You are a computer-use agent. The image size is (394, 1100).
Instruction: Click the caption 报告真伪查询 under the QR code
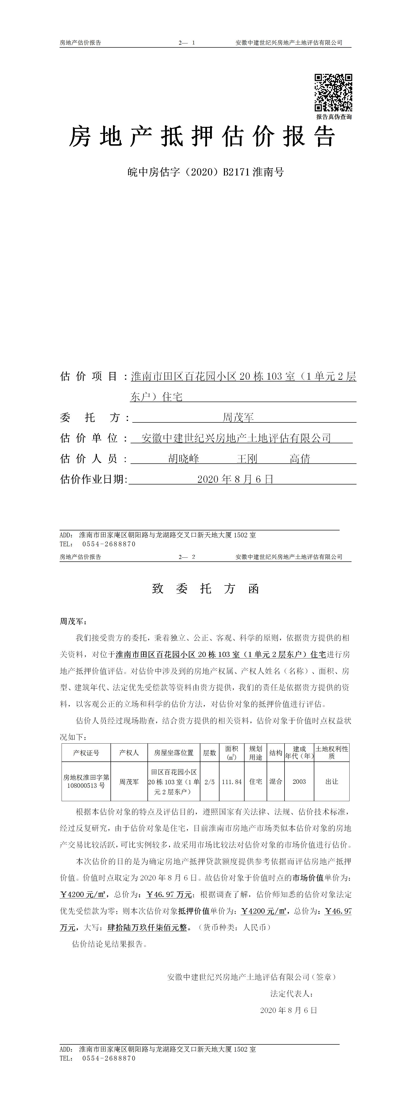click(x=334, y=117)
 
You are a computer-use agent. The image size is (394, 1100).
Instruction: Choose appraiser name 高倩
click(x=300, y=459)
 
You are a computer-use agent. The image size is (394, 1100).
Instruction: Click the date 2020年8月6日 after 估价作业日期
click(x=235, y=479)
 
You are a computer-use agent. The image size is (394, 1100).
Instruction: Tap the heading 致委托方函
click(x=206, y=589)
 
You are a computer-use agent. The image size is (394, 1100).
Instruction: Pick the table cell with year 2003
click(x=299, y=782)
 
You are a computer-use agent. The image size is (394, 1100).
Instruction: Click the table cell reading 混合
click(x=276, y=782)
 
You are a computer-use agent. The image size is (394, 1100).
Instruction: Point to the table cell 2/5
click(x=209, y=782)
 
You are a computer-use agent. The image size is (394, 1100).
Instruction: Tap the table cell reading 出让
click(x=332, y=782)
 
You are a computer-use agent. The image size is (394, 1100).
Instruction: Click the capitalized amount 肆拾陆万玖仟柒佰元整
click(x=147, y=928)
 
